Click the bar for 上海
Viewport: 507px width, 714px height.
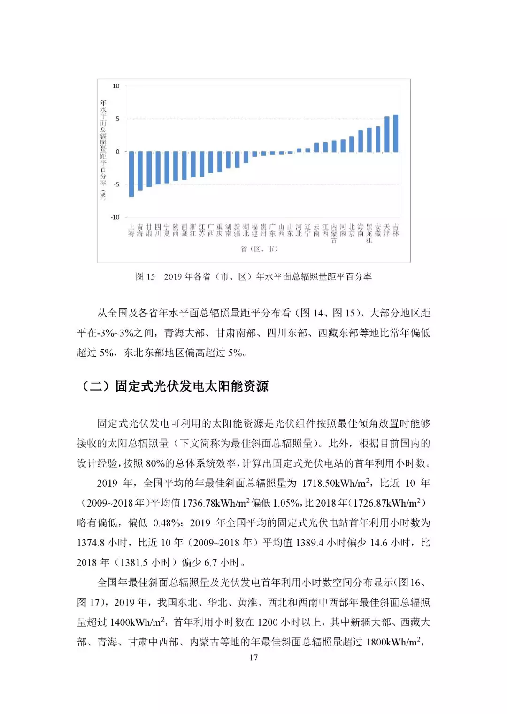pyautogui.click(x=131, y=174)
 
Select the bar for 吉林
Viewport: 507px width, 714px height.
pyautogui.click(x=396, y=133)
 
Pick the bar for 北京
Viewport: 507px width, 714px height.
pyautogui.click(x=352, y=144)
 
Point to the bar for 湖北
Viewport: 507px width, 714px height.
pyautogui.click(x=246, y=157)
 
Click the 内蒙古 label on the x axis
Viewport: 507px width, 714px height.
pyautogui.click(x=334, y=233)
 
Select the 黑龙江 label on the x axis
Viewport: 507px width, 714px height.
pyautogui.click(x=369, y=233)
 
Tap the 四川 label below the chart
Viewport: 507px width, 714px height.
pyautogui.click(x=158, y=230)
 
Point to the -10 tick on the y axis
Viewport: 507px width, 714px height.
pyautogui.click(x=115, y=217)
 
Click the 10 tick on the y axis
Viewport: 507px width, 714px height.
pyautogui.click(x=116, y=86)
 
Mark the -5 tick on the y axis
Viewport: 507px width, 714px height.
pyautogui.click(x=116, y=184)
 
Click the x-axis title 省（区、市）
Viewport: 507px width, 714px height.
pyautogui.click(x=259, y=249)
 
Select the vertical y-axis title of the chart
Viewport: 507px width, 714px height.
pyautogui.click(x=103, y=150)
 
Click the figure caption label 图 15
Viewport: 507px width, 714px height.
pyautogui.click(x=145, y=277)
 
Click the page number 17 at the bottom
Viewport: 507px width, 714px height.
pyautogui.click(x=253, y=658)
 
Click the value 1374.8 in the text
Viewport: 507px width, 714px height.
pyautogui.click(x=90, y=543)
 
